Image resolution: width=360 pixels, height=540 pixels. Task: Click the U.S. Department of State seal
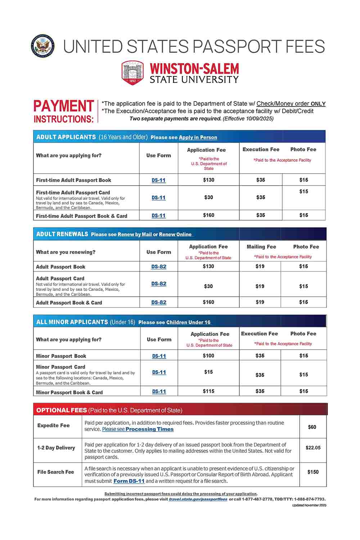(x=43, y=46)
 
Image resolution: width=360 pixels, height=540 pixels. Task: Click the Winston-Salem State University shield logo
(x=132, y=73)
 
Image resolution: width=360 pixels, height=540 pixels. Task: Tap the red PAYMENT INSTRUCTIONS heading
(x=64, y=111)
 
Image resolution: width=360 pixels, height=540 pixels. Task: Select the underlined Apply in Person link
(x=198, y=137)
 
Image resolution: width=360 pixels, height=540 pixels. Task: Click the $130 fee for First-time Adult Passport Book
(x=208, y=180)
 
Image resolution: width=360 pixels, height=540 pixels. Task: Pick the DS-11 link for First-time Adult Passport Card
(x=158, y=198)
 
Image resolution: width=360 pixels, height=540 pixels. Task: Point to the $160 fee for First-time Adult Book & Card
(x=208, y=215)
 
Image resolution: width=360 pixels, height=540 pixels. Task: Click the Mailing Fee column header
(x=261, y=247)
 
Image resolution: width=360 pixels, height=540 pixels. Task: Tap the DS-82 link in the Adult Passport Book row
(x=159, y=266)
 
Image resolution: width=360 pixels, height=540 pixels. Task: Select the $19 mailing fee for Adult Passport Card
(x=260, y=286)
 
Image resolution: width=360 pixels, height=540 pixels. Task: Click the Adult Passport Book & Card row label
(x=69, y=303)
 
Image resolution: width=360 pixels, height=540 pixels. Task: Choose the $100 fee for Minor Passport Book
(x=208, y=356)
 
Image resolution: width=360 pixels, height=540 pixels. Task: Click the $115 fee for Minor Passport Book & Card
(x=208, y=391)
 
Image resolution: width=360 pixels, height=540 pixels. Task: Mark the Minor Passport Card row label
(x=60, y=367)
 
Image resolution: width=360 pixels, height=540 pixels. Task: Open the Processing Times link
(x=149, y=429)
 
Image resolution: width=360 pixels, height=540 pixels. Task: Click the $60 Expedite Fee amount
(x=312, y=427)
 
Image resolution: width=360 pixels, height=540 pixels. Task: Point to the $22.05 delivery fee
(x=313, y=448)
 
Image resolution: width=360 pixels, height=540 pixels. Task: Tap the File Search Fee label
(x=55, y=472)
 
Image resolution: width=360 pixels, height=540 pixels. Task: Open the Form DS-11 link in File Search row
(x=129, y=481)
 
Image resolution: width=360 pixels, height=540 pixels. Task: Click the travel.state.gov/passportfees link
(x=198, y=499)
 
